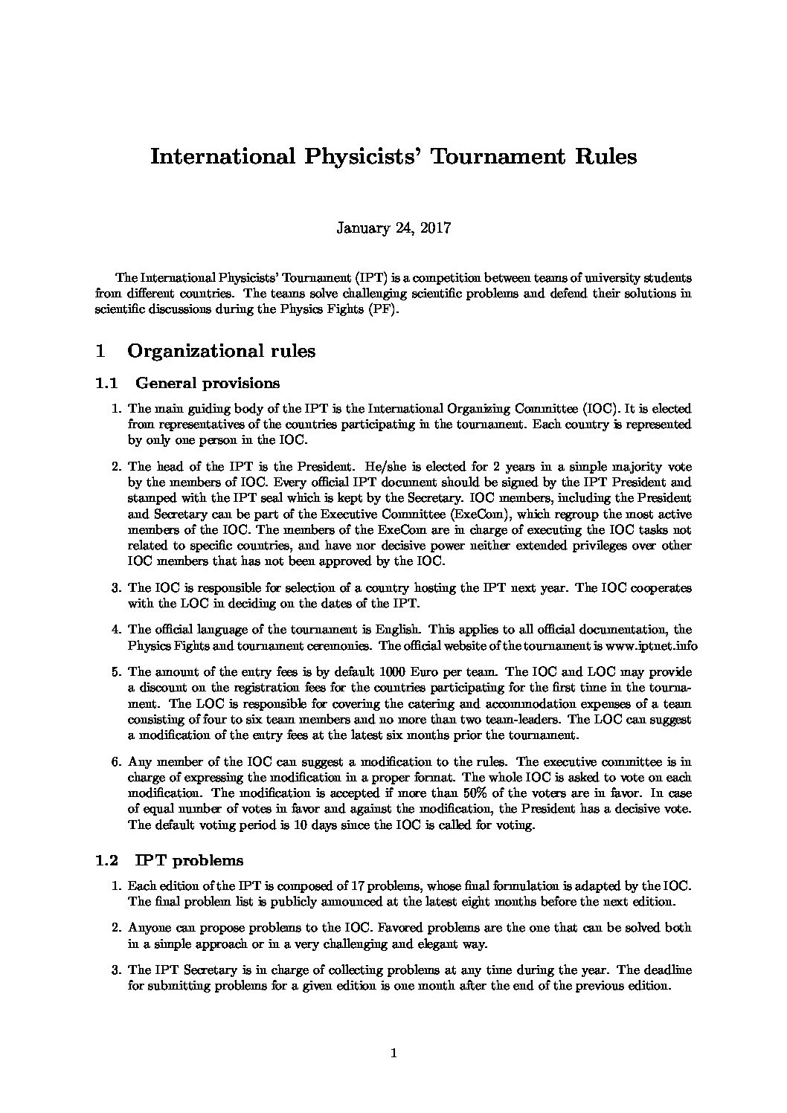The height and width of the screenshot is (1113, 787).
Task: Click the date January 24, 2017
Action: (393, 228)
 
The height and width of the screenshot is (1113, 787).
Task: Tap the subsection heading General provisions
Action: (208, 384)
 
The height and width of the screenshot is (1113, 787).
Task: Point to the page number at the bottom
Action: (393, 1053)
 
